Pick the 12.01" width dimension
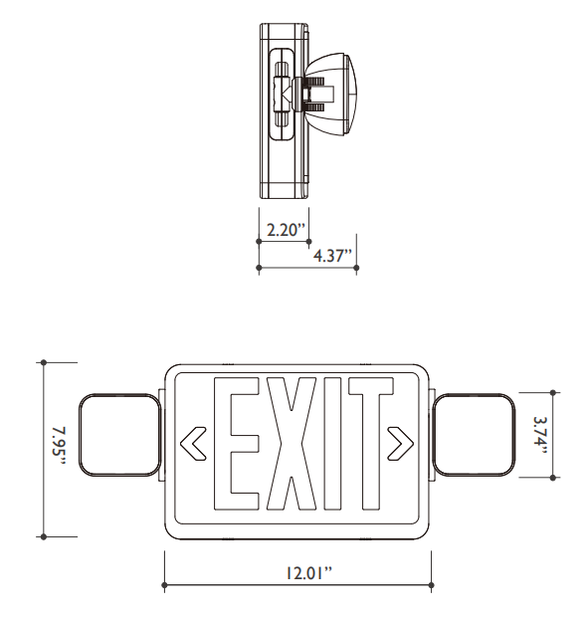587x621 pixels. coord(297,573)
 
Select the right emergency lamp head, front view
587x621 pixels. coord(475,436)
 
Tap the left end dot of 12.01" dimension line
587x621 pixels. coord(164,584)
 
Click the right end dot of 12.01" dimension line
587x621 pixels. coord(431,584)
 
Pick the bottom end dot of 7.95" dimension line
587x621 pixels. coord(44,536)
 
